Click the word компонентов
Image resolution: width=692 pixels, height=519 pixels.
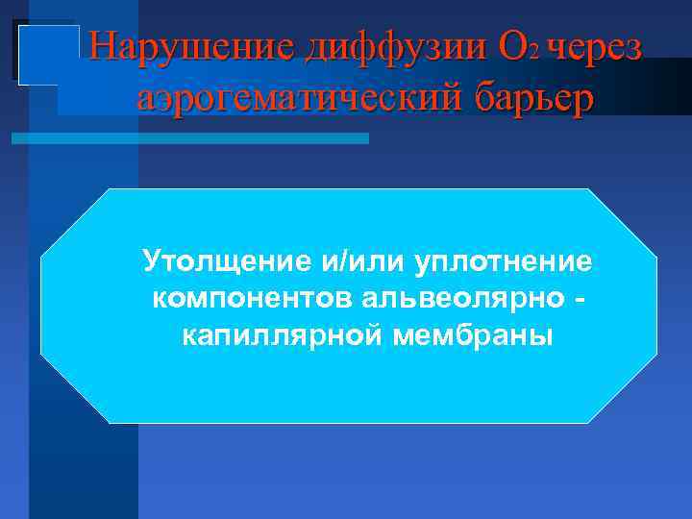pyautogui.click(x=253, y=299)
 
